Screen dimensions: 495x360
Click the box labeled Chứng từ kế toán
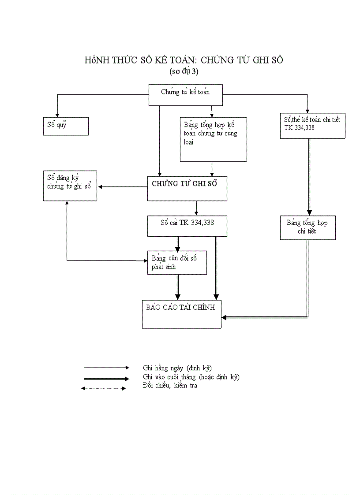pos(185,95)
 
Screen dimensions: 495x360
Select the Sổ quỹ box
pos(66,126)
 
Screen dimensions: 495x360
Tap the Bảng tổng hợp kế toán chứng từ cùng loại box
pos(214,139)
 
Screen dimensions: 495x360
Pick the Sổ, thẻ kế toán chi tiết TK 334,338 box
pos(312,126)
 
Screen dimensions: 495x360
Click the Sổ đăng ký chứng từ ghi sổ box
pos(70,186)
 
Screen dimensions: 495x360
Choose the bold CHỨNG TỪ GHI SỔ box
pos(187,188)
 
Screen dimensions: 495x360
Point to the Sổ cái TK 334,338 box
pos(187,226)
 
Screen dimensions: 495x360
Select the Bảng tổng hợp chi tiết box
pos(307,227)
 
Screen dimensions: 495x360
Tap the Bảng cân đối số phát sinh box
pos(177,263)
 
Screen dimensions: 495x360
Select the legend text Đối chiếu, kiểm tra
pos(170,386)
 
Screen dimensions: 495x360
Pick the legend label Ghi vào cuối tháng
pos(191,377)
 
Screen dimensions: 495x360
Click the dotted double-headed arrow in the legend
pos(104,388)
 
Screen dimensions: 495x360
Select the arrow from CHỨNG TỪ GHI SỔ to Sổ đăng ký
pos(123,187)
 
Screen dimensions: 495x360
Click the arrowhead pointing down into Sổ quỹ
pos(57,114)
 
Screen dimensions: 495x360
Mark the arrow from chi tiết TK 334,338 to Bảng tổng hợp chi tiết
pos(309,176)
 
